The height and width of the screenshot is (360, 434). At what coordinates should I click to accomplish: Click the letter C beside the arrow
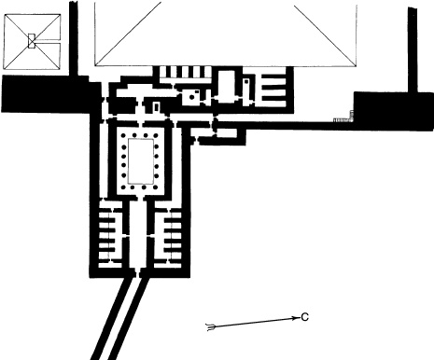tap(305, 317)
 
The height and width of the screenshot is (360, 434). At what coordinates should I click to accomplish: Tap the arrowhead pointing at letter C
tap(295, 318)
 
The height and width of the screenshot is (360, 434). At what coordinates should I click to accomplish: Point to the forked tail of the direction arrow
tap(211, 327)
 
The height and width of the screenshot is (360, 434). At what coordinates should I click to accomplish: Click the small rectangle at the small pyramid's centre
tap(32, 41)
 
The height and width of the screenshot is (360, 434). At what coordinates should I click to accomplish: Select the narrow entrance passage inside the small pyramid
tap(48, 41)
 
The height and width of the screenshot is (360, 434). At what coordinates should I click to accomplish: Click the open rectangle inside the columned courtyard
tap(141, 161)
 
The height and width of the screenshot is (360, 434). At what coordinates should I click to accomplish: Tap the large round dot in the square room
tap(191, 97)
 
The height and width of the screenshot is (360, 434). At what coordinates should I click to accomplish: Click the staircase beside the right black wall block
tap(343, 119)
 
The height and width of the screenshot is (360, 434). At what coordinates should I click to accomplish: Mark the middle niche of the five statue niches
tap(183, 72)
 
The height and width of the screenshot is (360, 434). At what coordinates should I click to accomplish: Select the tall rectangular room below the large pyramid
tap(227, 86)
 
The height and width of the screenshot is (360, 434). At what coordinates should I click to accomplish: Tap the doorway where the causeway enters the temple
tap(138, 272)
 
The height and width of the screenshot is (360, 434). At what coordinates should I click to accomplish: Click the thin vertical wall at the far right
tap(413, 49)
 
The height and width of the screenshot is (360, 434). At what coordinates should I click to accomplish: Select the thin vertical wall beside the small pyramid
tap(74, 38)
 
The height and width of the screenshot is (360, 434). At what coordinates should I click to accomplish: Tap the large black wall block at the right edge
tap(394, 111)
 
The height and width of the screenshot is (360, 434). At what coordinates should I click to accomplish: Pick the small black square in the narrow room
tap(246, 81)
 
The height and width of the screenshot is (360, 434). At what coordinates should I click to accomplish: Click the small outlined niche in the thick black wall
tap(156, 106)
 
